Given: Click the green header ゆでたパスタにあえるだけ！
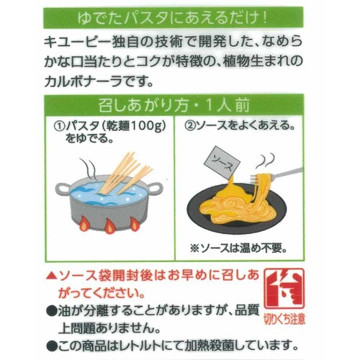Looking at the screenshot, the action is pyautogui.click(x=173, y=18).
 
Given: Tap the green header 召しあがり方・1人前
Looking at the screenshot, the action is pyautogui.click(x=174, y=105).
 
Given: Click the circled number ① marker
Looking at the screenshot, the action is pyautogui.click(x=59, y=126).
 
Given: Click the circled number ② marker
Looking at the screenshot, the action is pyautogui.click(x=190, y=126).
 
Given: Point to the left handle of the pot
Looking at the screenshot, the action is pyautogui.click(x=63, y=189).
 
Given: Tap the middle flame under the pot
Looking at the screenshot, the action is pyautogui.click(x=109, y=226).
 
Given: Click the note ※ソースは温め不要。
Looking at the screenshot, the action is pyautogui.click(x=238, y=248).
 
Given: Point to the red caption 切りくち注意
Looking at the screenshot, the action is pyautogui.click(x=284, y=320).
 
